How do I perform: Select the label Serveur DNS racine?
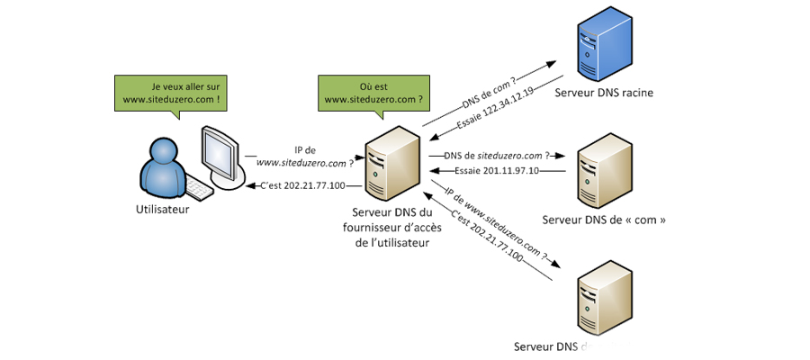pyautogui.click(x=604, y=93)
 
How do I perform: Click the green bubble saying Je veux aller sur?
pyautogui.click(x=171, y=93)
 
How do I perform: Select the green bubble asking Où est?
pyautogui.click(x=373, y=93)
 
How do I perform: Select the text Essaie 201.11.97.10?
pyautogui.click(x=497, y=170)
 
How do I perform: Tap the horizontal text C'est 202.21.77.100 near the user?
pyautogui.click(x=301, y=186)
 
